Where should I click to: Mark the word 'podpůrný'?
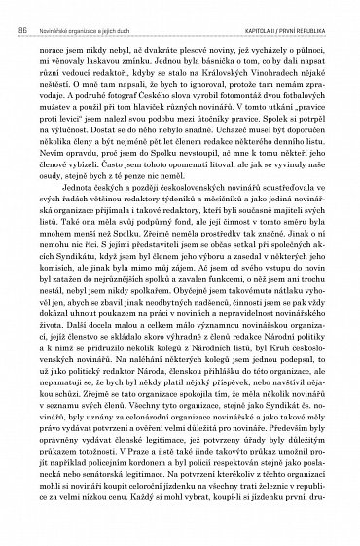click(146, 262)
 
